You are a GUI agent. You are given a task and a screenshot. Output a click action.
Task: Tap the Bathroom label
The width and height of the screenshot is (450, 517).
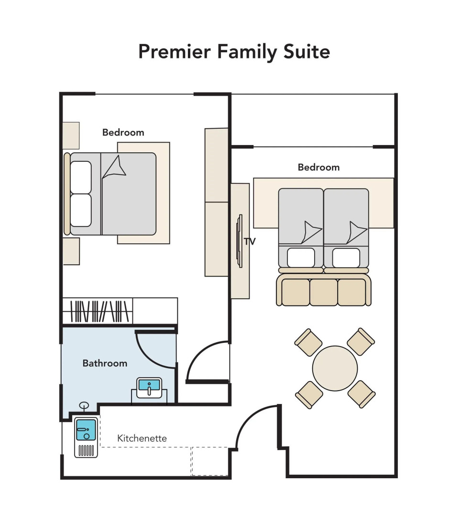[x=105, y=363]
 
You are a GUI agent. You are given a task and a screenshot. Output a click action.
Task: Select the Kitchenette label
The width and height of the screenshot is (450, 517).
[x=142, y=438]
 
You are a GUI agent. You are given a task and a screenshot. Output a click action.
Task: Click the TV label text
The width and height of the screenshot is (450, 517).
[x=250, y=242]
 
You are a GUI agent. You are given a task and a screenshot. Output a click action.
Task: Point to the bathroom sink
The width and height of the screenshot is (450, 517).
[x=149, y=387]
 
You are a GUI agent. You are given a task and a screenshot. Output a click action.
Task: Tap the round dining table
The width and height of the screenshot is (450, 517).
[x=335, y=368]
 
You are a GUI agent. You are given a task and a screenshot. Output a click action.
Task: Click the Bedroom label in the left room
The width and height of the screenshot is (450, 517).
[x=123, y=133]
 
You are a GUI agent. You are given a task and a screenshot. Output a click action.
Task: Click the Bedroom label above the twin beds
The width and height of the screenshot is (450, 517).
[x=318, y=167]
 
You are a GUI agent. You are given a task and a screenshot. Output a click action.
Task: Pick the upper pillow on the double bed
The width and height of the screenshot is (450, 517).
[x=81, y=177]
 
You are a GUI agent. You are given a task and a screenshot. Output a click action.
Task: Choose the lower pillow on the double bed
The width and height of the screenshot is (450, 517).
[x=81, y=210]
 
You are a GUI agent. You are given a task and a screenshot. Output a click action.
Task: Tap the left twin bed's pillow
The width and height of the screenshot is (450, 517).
[x=301, y=258]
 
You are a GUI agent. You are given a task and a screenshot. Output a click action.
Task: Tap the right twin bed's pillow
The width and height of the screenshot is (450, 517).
[x=346, y=258]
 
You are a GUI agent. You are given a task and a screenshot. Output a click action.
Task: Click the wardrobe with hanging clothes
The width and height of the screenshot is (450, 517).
[x=100, y=311]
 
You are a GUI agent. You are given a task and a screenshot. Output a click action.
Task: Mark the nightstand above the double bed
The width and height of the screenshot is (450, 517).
[x=71, y=135]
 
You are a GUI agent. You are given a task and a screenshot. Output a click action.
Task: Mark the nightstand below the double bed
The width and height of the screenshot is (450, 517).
[x=71, y=251]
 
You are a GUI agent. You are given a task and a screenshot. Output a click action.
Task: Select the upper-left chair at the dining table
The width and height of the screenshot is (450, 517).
[x=309, y=342]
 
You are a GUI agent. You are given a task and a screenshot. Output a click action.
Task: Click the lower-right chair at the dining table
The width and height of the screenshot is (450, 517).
[x=361, y=394]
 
